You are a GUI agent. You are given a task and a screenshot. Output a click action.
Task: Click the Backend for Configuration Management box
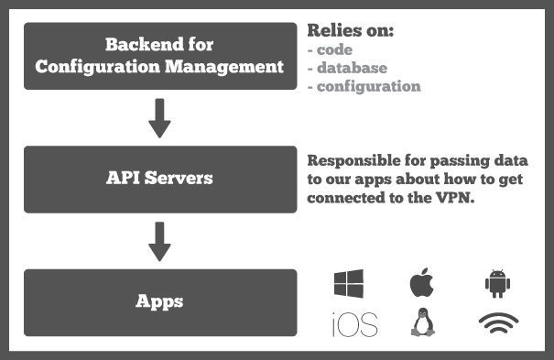[x=160, y=56]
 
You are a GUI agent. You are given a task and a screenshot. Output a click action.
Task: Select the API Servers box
[x=160, y=178]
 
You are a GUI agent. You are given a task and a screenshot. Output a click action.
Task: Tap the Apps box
[x=160, y=300]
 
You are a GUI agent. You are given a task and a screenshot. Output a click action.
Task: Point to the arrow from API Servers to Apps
[x=160, y=240]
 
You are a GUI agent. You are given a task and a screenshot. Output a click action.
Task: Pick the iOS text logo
[x=354, y=323]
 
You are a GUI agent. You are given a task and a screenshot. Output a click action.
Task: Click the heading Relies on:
[x=351, y=30]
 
